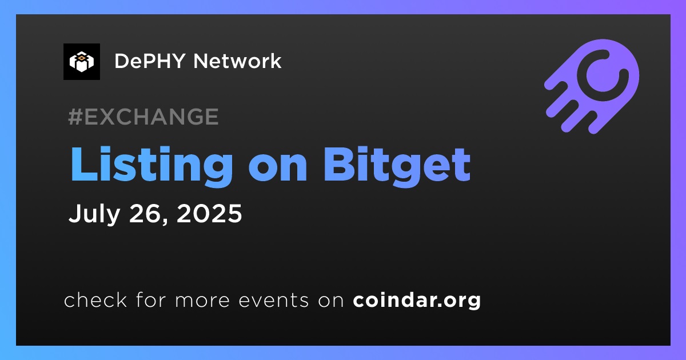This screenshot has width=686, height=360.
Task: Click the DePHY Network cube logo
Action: click(81, 62)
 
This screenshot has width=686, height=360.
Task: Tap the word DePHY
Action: click(150, 61)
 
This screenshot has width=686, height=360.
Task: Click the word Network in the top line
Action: click(237, 61)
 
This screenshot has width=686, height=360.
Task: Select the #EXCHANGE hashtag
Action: click(143, 117)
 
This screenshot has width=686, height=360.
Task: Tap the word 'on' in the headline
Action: click(278, 169)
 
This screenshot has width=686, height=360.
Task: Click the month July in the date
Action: click(94, 214)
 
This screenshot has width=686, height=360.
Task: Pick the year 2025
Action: click(209, 213)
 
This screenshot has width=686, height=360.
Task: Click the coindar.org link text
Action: click(417, 301)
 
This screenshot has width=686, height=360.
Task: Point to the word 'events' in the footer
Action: click(274, 301)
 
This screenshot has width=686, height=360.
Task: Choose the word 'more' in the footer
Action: click(202, 301)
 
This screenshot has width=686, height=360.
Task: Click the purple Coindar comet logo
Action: click(592, 86)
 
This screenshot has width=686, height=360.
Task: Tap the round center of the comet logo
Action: click(603, 75)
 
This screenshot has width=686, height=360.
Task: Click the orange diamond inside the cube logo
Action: click(81, 57)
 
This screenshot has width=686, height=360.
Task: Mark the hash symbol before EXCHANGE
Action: click(75, 117)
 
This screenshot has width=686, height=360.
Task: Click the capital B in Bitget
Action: click(338, 165)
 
